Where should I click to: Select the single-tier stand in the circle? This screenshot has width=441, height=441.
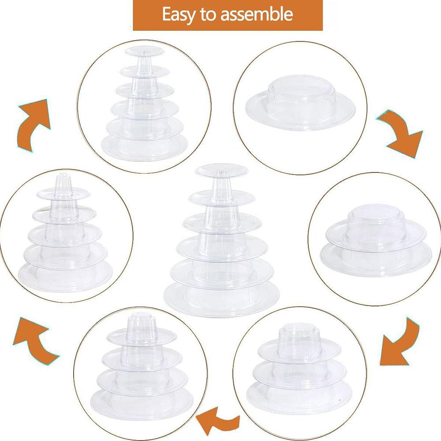pyautogui.click(x=300, y=103)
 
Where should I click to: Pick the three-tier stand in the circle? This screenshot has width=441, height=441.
pyautogui.click(x=299, y=368)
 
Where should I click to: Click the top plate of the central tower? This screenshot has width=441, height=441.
pyautogui.click(x=222, y=171)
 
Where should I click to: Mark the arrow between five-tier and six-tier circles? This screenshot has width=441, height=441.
pyautogui.click(x=33, y=124)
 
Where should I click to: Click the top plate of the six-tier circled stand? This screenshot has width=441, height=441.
pyautogui.click(x=144, y=52)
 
